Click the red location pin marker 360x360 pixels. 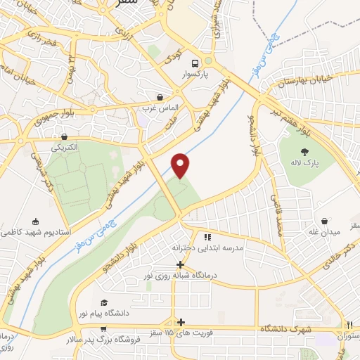[x=181, y=165]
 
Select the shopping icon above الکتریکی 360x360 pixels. [x=65, y=136]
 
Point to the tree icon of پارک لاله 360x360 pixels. [x=304, y=151]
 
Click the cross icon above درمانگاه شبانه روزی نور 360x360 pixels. [x=181, y=264]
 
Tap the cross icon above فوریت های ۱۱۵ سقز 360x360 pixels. [x=181, y=320]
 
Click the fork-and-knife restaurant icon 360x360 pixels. [x=349, y=324]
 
